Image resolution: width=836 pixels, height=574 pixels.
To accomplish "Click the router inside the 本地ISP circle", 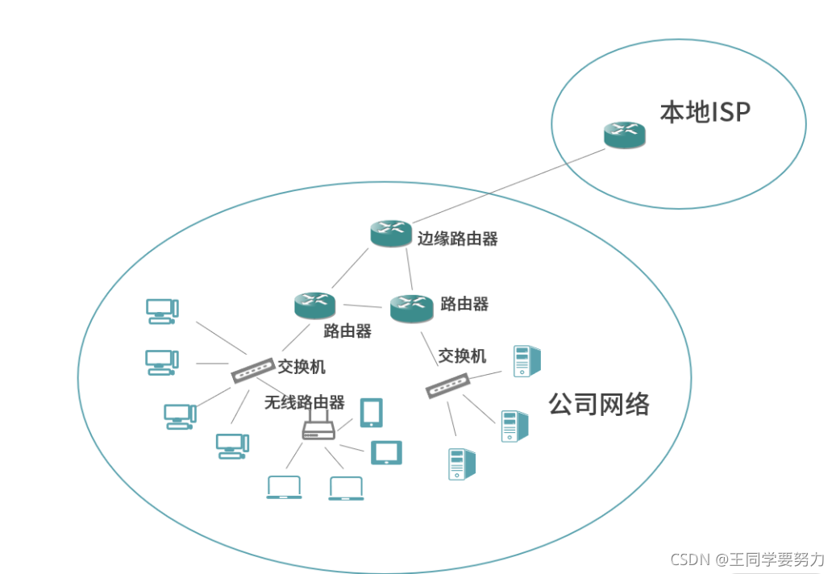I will (625, 135).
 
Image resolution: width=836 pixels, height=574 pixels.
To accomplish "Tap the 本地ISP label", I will (705, 112).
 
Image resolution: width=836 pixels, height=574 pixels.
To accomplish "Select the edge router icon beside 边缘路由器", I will (391, 234).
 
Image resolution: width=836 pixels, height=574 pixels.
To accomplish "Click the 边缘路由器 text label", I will (457, 239).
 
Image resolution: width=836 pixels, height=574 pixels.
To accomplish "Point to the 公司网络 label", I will (599, 404).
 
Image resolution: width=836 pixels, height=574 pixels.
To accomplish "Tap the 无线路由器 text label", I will (304, 402).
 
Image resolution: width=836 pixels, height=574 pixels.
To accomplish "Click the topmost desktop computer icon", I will (162, 311).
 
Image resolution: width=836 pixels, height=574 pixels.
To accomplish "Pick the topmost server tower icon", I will (526, 360).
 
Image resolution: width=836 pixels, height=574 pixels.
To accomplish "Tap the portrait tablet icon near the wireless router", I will (372, 412).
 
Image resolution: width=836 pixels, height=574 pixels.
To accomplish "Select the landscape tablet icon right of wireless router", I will (386, 452).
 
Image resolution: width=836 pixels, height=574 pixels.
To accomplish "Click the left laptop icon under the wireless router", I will (284, 488).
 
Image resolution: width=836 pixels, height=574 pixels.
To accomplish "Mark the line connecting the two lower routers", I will (363, 306).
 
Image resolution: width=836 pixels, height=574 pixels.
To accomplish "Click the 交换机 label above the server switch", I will (462, 356).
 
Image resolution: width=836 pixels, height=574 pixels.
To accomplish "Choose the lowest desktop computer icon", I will (232, 446).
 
